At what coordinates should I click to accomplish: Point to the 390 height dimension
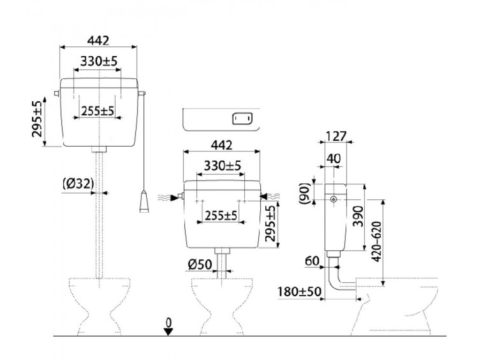click(357, 217)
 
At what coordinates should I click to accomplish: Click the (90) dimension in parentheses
click(305, 193)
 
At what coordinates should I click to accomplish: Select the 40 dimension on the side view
click(333, 158)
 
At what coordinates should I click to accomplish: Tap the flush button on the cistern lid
click(242, 119)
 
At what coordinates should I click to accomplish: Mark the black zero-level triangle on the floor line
click(169, 331)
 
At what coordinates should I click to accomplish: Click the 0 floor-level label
click(169, 322)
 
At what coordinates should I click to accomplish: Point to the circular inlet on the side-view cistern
click(333, 199)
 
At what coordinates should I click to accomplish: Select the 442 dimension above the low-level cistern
click(221, 145)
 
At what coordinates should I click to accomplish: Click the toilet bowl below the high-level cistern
click(99, 305)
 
